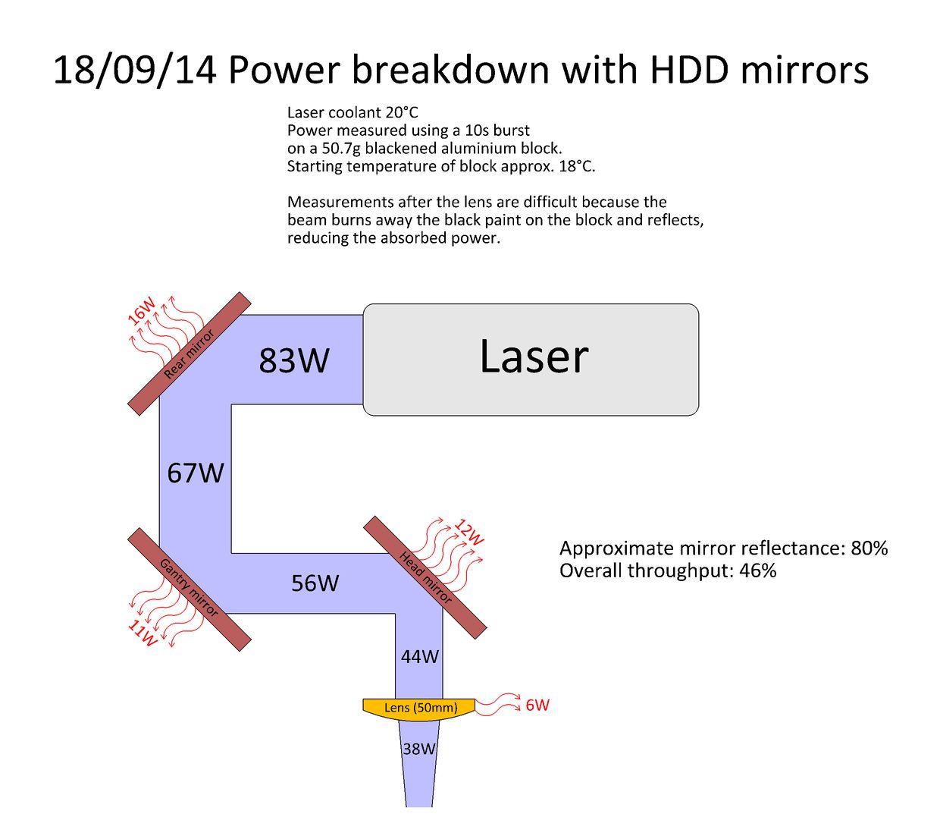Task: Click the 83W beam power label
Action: tap(293, 360)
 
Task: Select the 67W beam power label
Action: tap(196, 473)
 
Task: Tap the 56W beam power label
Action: tap(315, 583)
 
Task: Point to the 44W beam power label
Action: tap(419, 656)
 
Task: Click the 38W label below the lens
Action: tap(419, 748)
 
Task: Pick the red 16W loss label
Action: tap(142, 310)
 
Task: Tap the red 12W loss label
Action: tap(469, 533)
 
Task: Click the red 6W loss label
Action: tap(537, 705)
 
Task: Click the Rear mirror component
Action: tap(190, 354)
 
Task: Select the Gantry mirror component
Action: tap(190, 589)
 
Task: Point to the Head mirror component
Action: tap(425, 577)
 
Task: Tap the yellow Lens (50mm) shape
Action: tap(418, 709)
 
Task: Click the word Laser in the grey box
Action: tap(534, 357)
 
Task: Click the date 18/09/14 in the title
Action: tap(134, 70)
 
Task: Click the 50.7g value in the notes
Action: tap(341, 149)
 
